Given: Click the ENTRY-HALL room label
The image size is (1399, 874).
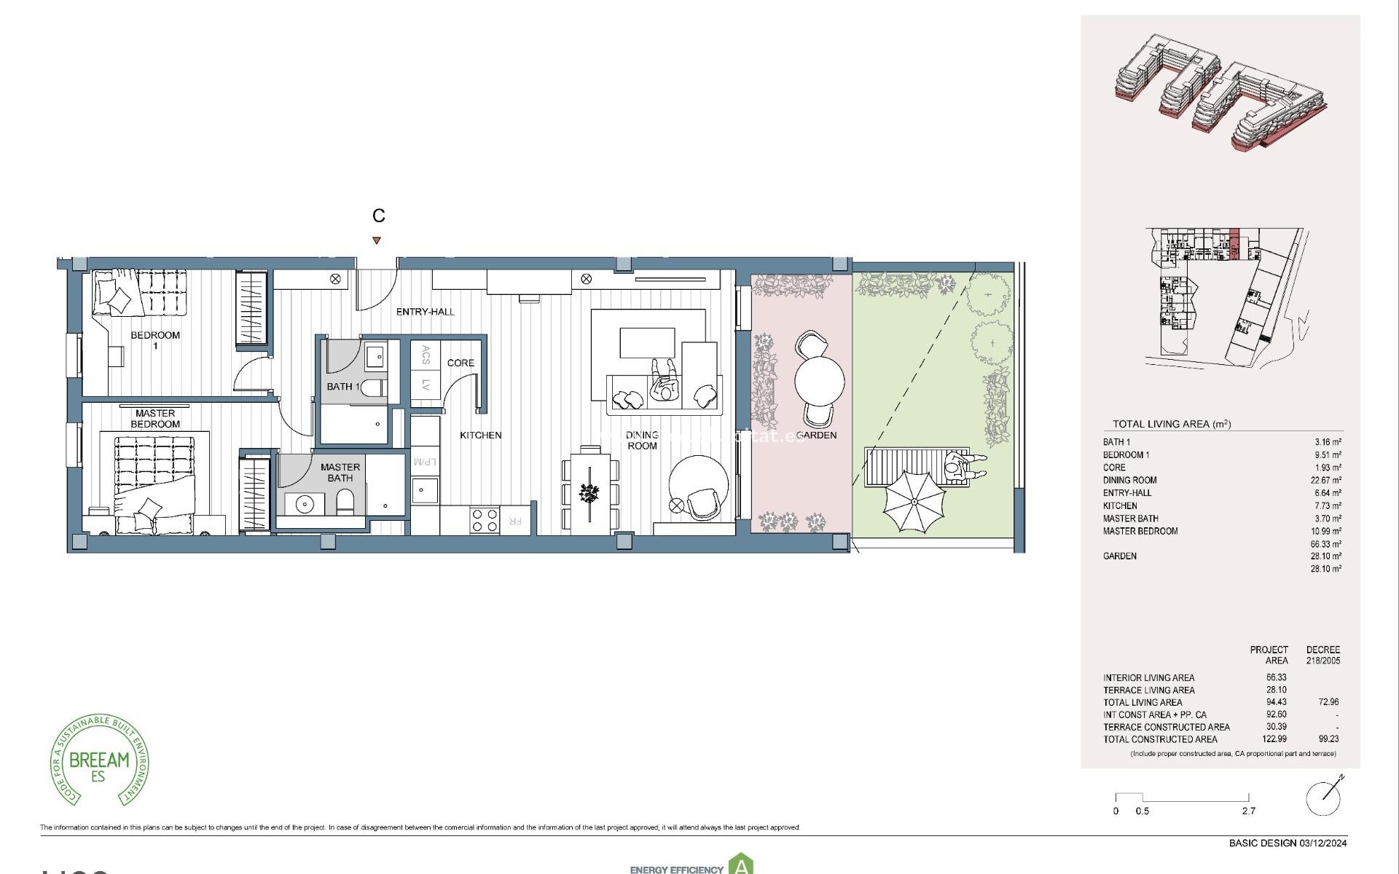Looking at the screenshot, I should (425, 312).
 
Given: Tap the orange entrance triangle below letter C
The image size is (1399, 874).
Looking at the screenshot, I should (376, 240).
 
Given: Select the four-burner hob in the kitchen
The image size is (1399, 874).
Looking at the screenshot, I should (485, 520).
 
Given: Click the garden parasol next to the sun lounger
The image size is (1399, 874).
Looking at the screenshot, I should (914, 501).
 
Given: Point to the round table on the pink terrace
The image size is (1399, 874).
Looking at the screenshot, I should (820, 380).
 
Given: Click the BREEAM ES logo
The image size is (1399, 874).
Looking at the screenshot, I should (99, 760).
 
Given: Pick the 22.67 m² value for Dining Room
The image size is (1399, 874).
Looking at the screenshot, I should (1325, 480).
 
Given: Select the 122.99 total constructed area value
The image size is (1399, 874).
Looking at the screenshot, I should (1274, 739).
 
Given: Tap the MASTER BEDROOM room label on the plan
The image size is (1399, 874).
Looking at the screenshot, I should (155, 419).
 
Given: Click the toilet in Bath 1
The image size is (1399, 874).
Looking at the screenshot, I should (373, 387).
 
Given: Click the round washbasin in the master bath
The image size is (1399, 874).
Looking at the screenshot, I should (304, 503).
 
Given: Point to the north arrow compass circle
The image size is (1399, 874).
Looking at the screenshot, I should (1323, 798).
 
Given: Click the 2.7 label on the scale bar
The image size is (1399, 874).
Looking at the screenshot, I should (1248, 811).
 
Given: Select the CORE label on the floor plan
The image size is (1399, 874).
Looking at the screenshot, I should (461, 363).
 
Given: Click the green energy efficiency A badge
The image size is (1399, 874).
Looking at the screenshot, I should (741, 865).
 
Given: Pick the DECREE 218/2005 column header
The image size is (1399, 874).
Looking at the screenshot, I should (1322, 655).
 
